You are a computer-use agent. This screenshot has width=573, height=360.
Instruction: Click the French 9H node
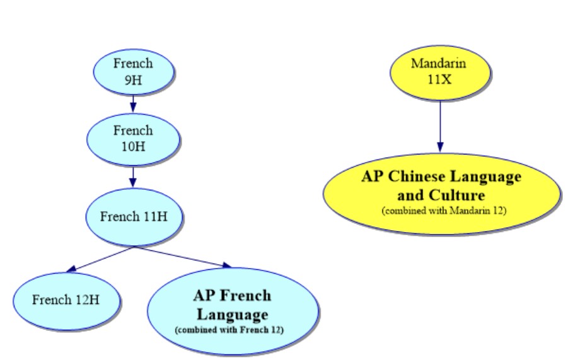pyautogui.click(x=133, y=71)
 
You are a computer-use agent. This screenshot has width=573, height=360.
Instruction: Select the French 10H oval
pyautogui.click(x=133, y=138)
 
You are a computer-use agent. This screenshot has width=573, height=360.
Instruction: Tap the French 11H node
pyautogui.click(x=133, y=217)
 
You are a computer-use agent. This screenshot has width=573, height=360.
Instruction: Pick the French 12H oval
pyautogui.click(x=66, y=299)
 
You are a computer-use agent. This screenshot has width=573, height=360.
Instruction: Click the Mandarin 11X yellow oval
pyautogui.click(x=440, y=71)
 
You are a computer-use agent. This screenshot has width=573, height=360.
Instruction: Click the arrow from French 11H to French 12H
pyautogui.click(x=101, y=260)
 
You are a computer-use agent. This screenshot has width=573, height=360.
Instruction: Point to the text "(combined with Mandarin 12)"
pyautogui.click(x=444, y=210)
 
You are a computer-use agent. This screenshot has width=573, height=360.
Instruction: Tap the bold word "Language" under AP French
pyautogui.click(x=233, y=313)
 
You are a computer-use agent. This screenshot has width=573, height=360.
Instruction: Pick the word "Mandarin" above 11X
pyautogui.click(x=440, y=63)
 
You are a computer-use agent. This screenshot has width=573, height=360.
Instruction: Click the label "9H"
pyautogui.click(x=133, y=79)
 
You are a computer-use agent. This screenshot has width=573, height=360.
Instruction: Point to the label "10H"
pyautogui.click(x=133, y=146)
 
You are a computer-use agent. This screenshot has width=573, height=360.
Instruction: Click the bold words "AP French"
pyautogui.click(x=233, y=295)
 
